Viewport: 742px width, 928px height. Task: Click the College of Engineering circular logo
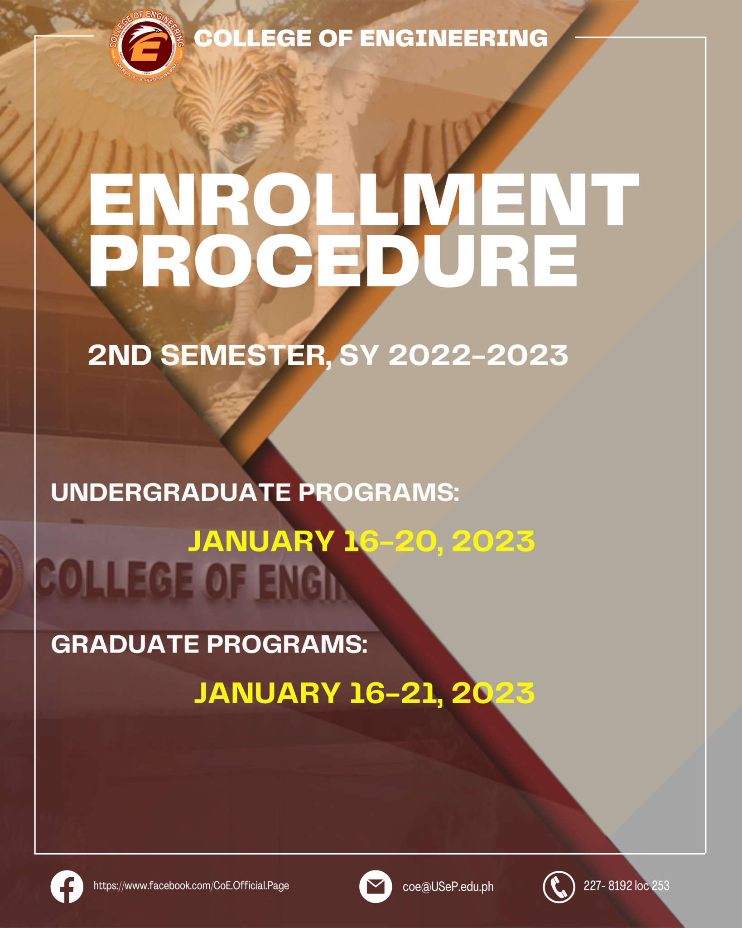point(147,47)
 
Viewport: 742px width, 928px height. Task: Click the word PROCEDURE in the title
point(333,261)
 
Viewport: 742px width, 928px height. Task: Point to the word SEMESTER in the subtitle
point(245,356)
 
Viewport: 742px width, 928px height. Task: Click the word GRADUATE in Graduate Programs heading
point(125,644)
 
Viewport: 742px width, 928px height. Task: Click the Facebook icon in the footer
point(67,887)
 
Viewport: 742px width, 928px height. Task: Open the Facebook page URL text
point(191,886)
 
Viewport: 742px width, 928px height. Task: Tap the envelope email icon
point(376,887)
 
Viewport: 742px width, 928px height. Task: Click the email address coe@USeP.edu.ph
point(448,887)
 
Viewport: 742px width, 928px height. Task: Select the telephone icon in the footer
point(559,887)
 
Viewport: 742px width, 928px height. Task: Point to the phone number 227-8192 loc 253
point(626,886)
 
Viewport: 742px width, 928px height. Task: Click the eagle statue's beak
point(220,161)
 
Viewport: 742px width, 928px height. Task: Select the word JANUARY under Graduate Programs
point(267,693)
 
